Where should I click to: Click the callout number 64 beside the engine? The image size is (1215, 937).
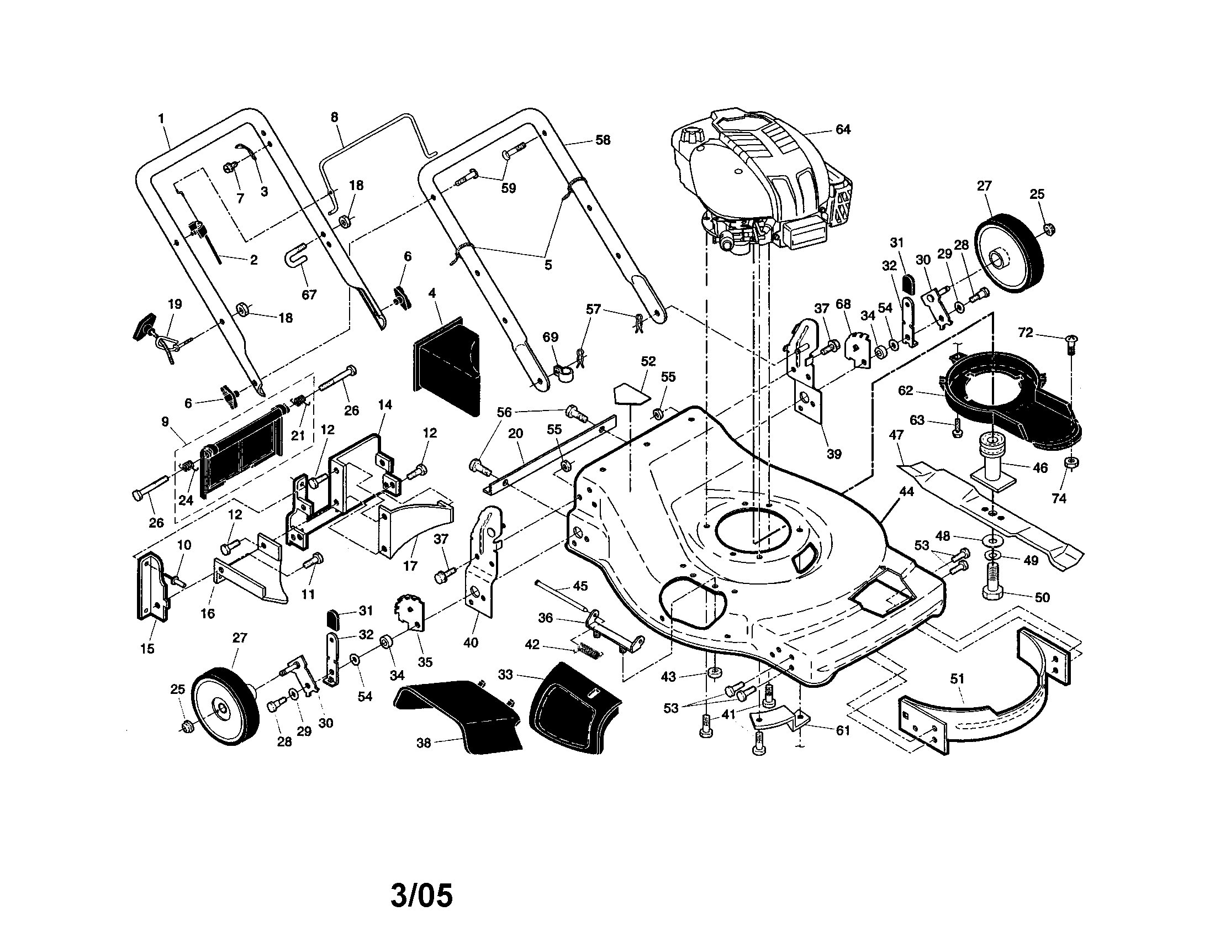coord(843,130)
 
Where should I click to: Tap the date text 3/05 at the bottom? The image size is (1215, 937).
coord(421,895)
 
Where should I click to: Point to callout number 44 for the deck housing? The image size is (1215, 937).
coord(906,491)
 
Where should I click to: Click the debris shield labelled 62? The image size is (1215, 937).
coord(1001,395)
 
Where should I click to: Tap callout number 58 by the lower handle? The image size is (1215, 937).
coord(603,140)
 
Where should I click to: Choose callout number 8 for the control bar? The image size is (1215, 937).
coord(334,118)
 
